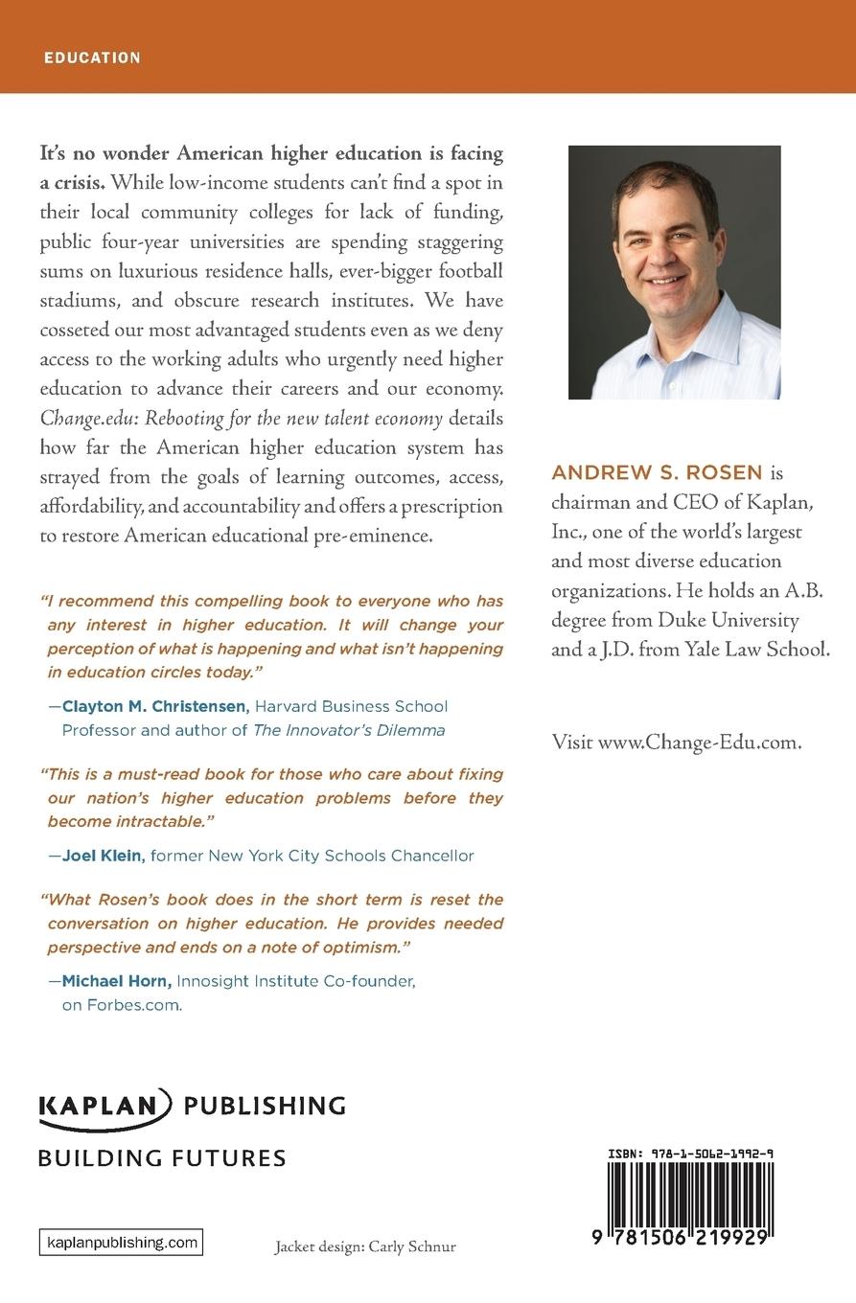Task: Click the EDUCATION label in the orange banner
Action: pos(92,57)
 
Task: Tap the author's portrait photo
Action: pos(674,272)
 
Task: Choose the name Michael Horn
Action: pos(117,981)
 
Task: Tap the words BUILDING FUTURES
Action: pos(162,1157)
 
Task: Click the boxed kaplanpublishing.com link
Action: pos(121,1243)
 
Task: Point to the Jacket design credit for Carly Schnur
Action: pos(365,1246)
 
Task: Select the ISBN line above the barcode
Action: pos(690,1154)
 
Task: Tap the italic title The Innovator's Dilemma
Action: pos(349,730)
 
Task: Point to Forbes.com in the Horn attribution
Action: pos(122,1005)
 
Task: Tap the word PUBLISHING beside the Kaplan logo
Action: pos(265,1106)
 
